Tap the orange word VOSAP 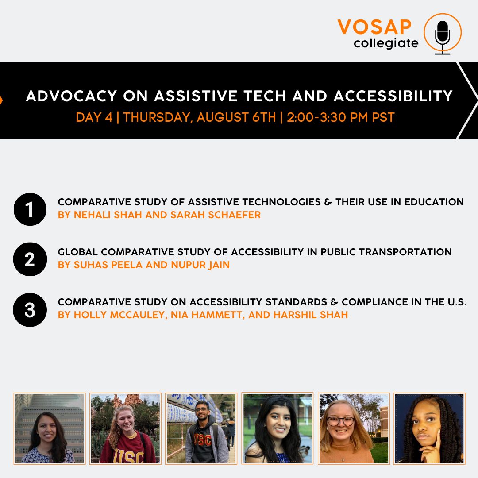click(375, 27)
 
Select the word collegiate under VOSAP click(386, 43)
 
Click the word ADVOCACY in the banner click(72, 96)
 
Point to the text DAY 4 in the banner click(94, 117)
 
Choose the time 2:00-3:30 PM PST click(341, 117)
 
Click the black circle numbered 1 click(30, 209)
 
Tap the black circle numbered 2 click(30, 259)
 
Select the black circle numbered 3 click(30, 310)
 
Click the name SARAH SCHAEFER click(216, 215)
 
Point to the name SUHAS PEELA click(108, 265)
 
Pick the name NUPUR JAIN click(200, 265)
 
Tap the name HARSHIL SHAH click(311, 315)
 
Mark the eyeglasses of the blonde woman click(340, 422)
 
